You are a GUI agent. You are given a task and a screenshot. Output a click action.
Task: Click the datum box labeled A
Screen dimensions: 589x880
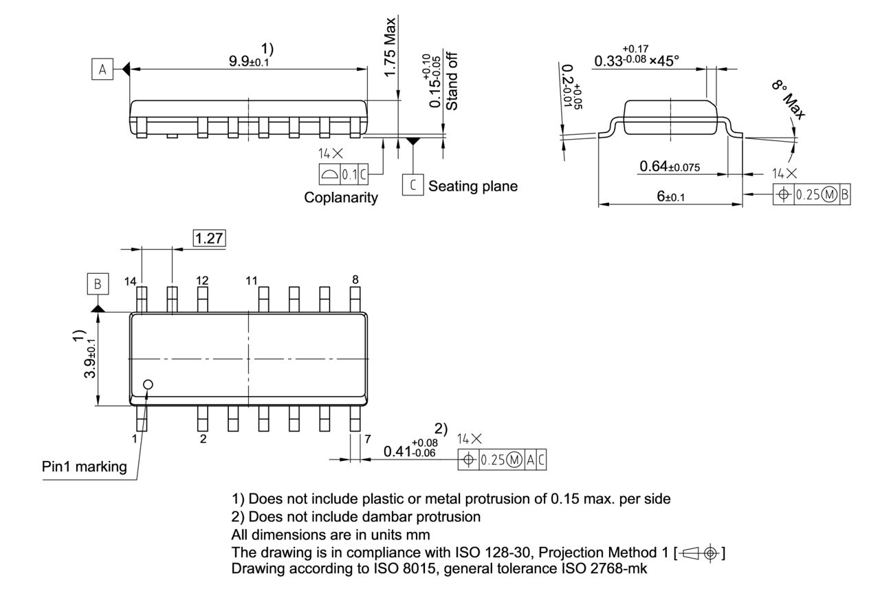102,69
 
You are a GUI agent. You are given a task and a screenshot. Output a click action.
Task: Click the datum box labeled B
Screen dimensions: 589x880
98,283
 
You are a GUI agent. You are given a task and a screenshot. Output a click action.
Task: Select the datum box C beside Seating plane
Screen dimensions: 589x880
412,186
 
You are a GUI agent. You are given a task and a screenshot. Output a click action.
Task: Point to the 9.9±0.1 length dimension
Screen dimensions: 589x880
249,61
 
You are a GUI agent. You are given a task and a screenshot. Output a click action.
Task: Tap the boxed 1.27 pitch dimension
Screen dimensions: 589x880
210,238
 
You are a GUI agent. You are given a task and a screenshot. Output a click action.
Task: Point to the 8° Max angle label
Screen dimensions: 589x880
788,100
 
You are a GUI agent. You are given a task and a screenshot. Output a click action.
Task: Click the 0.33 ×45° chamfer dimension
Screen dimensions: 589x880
637,59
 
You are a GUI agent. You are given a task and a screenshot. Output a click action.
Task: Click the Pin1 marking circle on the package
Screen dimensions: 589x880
148,385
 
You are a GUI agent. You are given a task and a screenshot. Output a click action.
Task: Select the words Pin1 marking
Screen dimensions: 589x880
85,467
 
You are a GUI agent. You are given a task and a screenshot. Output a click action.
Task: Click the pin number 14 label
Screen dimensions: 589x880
131,280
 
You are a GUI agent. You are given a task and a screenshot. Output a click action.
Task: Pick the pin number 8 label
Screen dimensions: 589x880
355,279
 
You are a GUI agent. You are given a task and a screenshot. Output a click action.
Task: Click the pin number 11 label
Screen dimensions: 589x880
251,280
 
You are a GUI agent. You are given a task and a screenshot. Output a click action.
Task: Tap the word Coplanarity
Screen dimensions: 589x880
341,198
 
